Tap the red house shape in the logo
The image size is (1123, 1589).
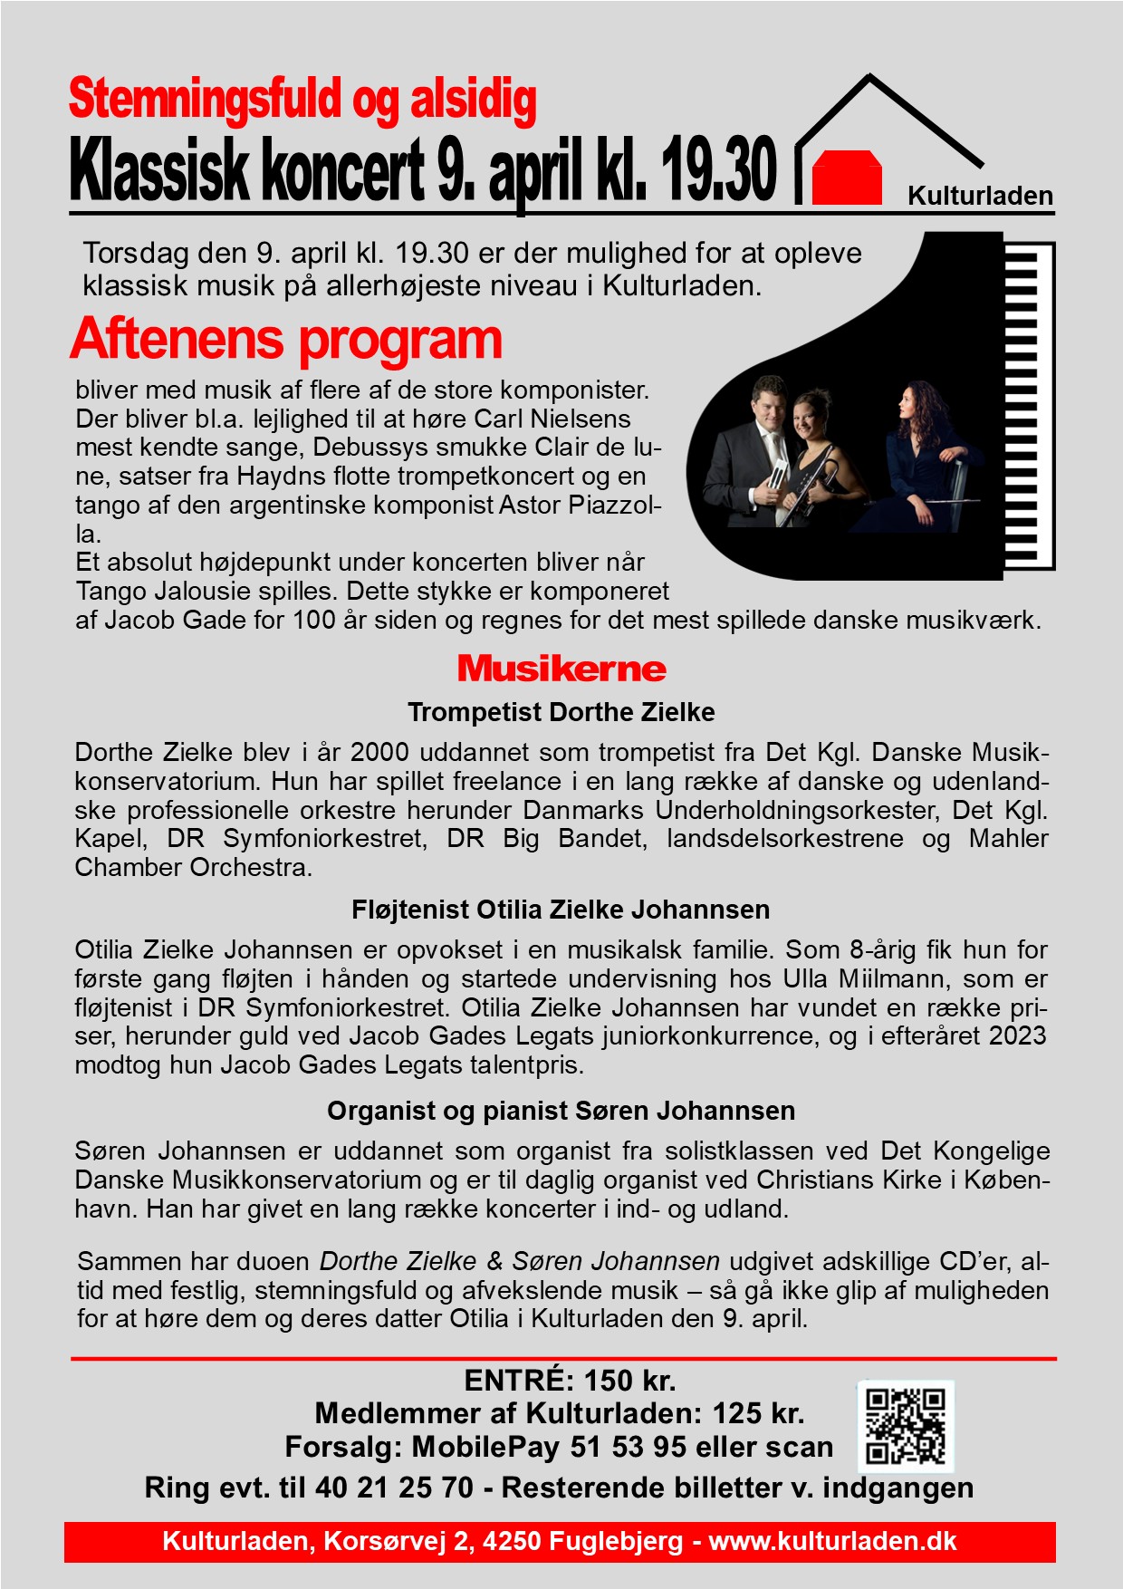[x=847, y=178]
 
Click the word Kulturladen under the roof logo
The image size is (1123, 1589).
[x=980, y=196]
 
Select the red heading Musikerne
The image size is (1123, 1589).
[x=561, y=669]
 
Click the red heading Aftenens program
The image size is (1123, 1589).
[x=286, y=339]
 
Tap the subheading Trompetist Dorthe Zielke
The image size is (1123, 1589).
[x=561, y=712]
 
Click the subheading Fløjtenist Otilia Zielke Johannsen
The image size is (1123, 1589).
[x=561, y=910]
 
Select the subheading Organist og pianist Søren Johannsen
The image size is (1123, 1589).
[x=561, y=1111]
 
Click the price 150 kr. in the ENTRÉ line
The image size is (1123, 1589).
[x=630, y=1381]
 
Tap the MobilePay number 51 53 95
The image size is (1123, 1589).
[x=629, y=1447]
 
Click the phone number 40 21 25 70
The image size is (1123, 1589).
[x=394, y=1488]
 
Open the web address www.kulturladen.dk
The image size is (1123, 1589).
[x=832, y=1541]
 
